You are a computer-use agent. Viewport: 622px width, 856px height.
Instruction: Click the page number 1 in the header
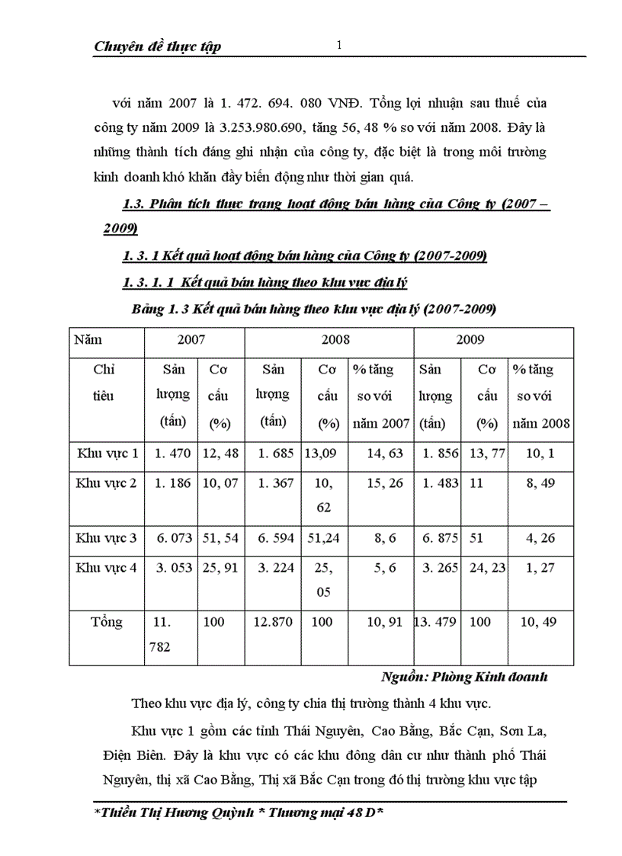pos(340,46)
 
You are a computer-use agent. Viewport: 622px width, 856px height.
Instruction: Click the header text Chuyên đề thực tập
pos(157,47)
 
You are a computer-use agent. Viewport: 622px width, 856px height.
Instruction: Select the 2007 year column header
pos(191,338)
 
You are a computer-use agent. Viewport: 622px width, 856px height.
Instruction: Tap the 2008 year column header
pos(329,338)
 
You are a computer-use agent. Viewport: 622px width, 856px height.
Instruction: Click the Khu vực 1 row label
pos(107,453)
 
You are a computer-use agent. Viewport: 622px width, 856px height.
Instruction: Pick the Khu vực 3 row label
pos(107,538)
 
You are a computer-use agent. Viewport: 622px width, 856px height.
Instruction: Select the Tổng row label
pos(107,622)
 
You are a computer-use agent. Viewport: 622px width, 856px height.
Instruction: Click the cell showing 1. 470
pos(172,453)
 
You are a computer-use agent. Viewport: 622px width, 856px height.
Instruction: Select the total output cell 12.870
pos(272,622)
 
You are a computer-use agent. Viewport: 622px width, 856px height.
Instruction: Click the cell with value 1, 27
pos(538,567)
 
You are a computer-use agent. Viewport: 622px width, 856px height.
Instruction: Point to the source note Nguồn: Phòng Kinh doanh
pos(463,676)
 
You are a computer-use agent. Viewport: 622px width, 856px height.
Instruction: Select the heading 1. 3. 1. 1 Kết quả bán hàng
pos(265,283)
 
